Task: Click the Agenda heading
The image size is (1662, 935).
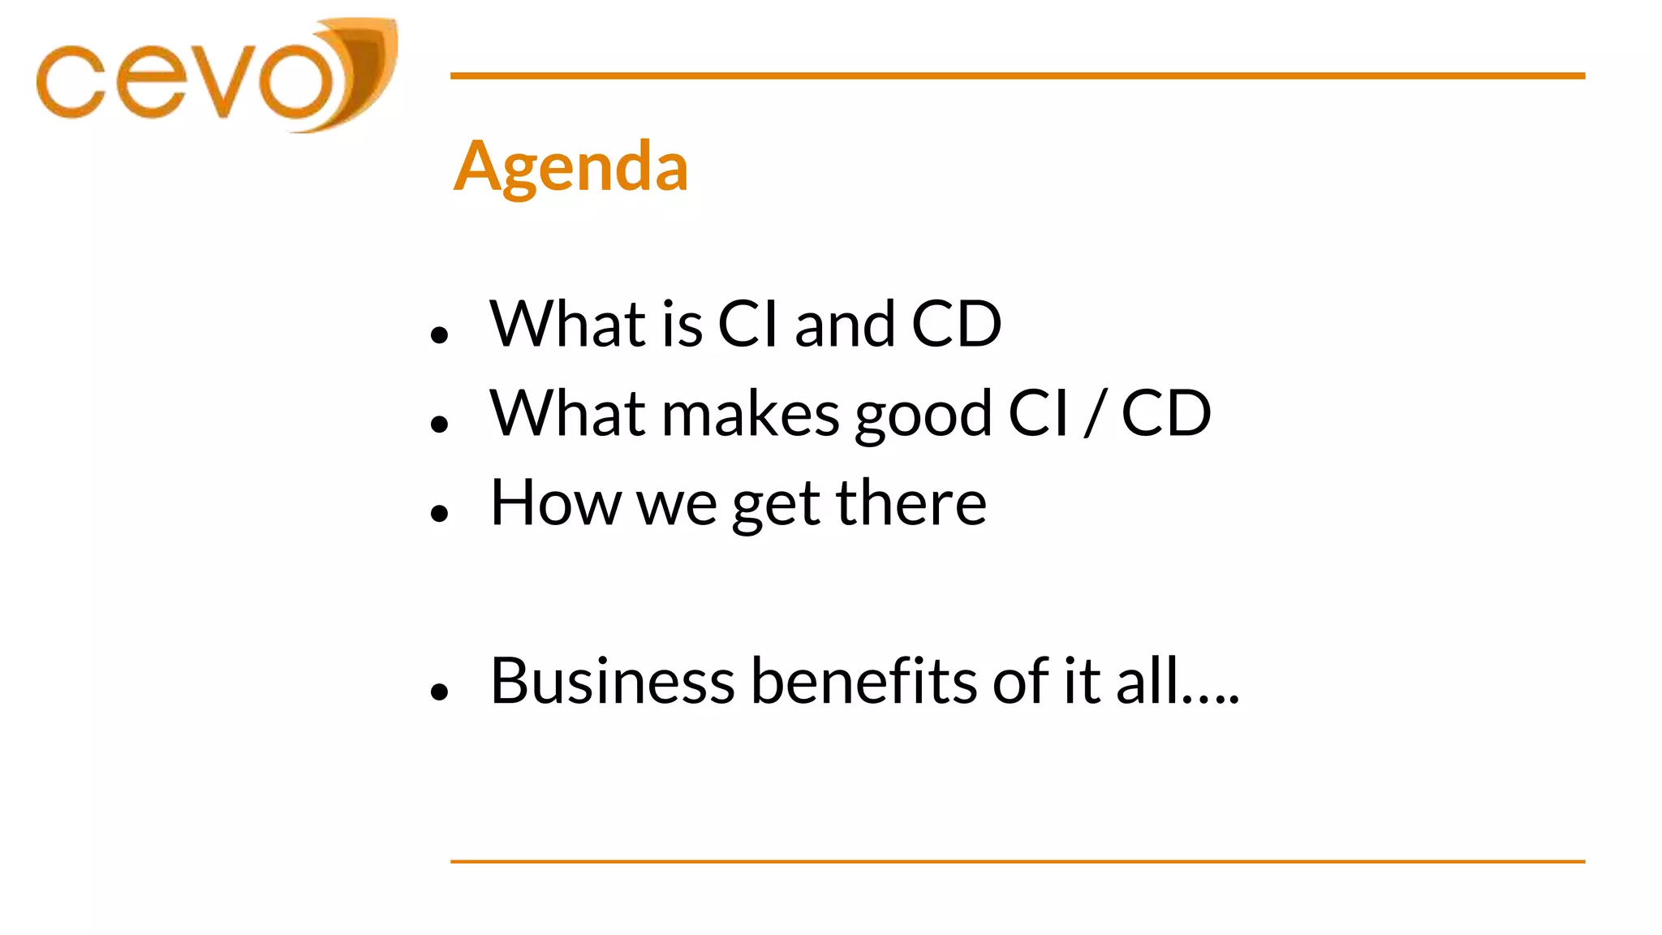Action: tap(571, 167)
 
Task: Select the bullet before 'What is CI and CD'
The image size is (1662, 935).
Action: tap(440, 334)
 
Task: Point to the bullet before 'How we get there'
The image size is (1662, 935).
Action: tap(440, 513)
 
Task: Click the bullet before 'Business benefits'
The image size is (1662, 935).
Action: tap(440, 692)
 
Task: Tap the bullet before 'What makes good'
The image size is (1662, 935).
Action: tap(440, 424)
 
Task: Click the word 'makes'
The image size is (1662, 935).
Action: tap(750, 414)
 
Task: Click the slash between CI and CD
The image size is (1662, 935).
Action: tap(1095, 414)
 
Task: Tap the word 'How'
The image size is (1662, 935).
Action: tap(555, 503)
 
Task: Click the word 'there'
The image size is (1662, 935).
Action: tap(911, 503)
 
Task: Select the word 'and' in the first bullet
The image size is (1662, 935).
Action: tap(844, 325)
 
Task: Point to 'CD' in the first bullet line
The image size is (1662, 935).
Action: tap(957, 325)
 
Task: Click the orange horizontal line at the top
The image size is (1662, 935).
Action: tap(1017, 75)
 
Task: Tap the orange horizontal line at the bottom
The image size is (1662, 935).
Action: tap(1017, 861)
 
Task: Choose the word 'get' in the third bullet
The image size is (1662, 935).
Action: tap(776, 506)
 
